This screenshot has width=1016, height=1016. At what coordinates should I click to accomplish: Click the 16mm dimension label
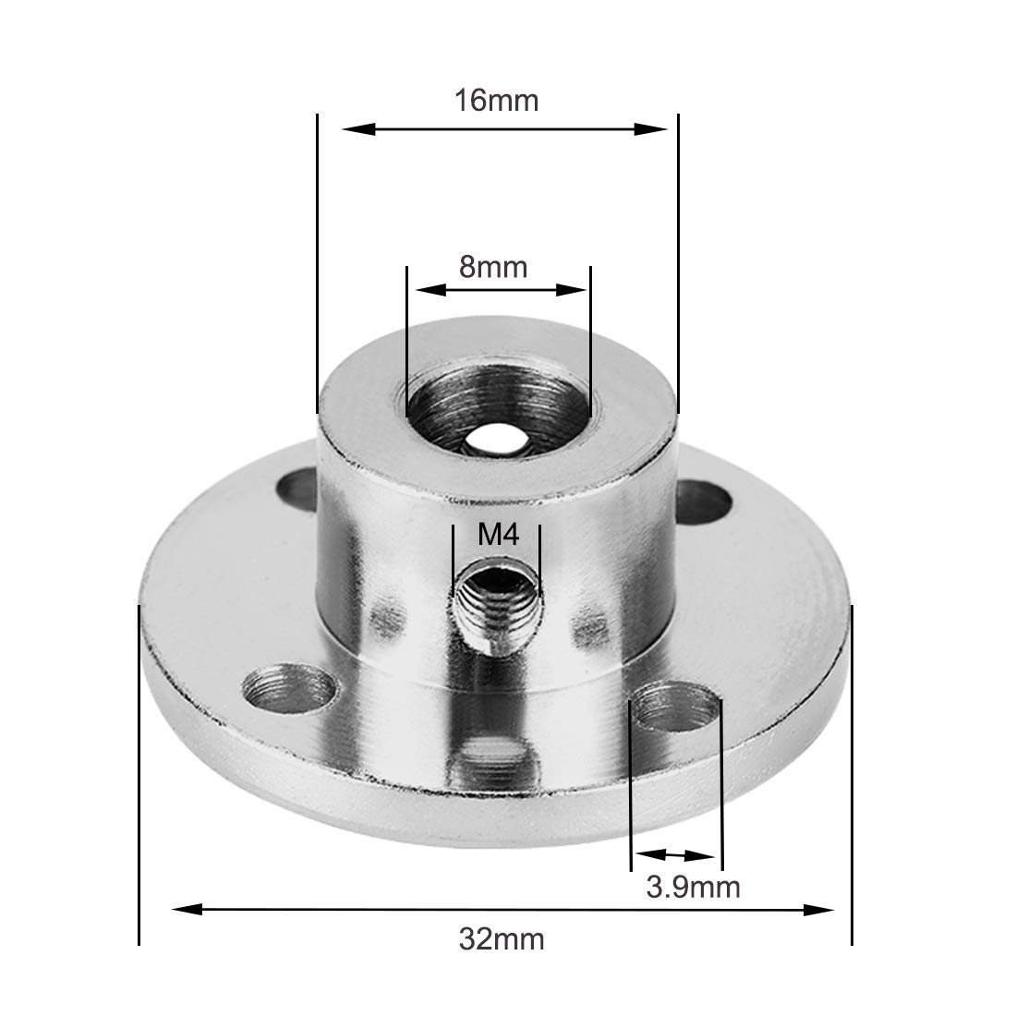[x=495, y=100]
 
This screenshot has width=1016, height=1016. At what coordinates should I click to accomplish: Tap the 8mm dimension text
[x=493, y=267]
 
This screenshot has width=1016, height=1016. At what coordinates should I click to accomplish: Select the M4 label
[x=496, y=535]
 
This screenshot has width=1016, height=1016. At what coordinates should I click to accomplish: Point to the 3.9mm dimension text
[x=693, y=888]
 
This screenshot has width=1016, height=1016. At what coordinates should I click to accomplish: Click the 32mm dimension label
[x=502, y=940]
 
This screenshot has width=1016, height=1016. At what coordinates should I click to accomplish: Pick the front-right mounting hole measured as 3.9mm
[x=677, y=707]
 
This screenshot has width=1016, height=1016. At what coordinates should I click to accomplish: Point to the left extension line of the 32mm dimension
[x=139, y=776]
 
